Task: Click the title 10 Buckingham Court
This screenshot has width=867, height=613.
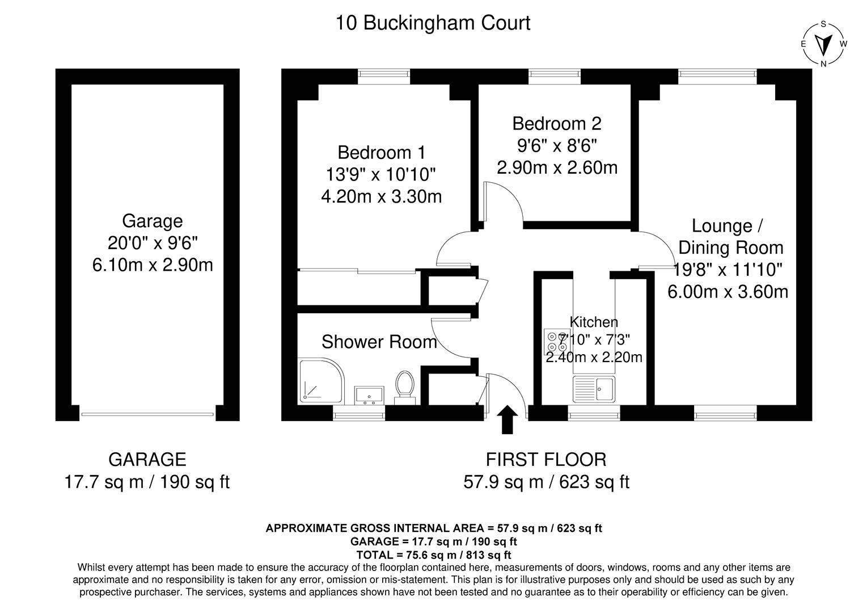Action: point(433,23)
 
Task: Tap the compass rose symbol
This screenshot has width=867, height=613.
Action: point(823,44)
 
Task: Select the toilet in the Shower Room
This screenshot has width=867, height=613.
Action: point(404,387)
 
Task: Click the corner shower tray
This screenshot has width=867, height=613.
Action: point(320,381)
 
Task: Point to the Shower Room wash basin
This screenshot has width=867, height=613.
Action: point(369,394)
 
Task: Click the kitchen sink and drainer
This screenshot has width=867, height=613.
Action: point(593,389)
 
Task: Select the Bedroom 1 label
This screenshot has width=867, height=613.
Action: point(381,153)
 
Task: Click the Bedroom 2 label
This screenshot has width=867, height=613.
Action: point(556,124)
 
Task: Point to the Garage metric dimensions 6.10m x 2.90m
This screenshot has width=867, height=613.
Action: point(153,264)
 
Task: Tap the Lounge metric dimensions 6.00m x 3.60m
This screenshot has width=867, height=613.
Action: point(728,292)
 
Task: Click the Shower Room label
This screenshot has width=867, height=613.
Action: point(379,342)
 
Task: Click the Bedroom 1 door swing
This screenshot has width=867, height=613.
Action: point(455,248)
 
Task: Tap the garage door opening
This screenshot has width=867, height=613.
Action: point(147,414)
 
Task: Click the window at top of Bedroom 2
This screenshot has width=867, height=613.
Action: point(554,73)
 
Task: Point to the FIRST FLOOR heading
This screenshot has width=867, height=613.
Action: point(546,459)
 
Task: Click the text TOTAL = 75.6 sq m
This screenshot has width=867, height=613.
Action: point(433,555)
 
